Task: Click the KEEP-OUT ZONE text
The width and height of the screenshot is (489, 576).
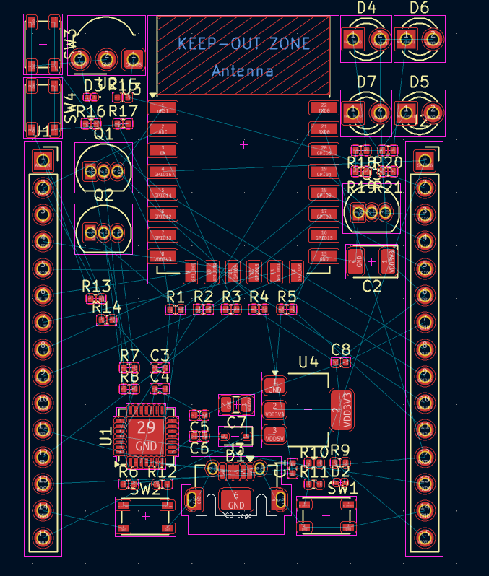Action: click(x=243, y=43)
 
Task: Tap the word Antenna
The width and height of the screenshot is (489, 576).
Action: click(x=243, y=71)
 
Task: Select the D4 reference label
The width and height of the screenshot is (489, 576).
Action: click(x=366, y=8)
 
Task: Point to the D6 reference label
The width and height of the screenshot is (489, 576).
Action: click(x=419, y=8)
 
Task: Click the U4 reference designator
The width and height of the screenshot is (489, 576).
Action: click(x=308, y=362)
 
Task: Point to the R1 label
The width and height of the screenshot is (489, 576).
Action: click(x=176, y=297)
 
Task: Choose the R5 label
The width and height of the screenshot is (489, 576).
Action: click(x=287, y=297)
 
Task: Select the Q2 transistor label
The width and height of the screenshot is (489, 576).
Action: click(x=103, y=196)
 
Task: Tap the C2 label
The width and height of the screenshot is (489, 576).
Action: click(x=371, y=286)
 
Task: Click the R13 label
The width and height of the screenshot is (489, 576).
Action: click(x=96, y=287)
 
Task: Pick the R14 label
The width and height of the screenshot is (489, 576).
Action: click(x=106, y=307)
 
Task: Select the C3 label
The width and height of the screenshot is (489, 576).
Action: click(x=160, y=355)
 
